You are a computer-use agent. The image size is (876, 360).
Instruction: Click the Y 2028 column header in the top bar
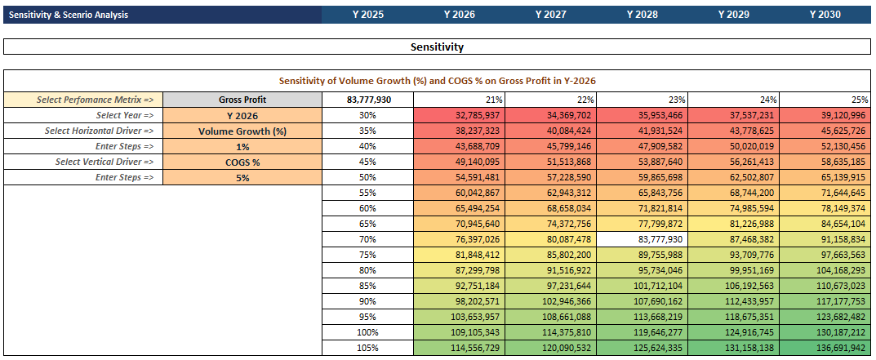click(642, 15)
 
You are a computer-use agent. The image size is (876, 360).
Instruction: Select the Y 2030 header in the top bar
click(825, 15)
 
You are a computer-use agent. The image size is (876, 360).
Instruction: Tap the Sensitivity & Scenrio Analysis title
click(69, 15)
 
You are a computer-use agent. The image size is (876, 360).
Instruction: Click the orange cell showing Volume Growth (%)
click(242, 131)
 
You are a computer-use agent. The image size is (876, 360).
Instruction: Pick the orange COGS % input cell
click(242, 162)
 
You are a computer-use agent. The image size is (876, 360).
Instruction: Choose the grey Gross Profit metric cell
click(242, 100)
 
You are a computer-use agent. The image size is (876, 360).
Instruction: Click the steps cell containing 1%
click(242, 146)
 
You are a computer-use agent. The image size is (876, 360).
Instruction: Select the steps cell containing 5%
click(242, 178)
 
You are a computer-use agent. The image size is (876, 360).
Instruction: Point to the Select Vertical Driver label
click(104, 162)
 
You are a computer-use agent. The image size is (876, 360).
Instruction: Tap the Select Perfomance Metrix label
click(95, 100)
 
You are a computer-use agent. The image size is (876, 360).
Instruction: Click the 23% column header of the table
click(643, 100)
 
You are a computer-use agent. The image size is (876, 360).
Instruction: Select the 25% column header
click(825, 100)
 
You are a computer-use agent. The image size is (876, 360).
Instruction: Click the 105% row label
click(367, 348)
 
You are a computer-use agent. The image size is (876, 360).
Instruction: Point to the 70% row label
click(367, 239)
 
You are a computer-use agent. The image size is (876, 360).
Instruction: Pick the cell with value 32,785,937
click(460, 115)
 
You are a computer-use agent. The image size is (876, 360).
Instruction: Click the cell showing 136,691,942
click(825, 348)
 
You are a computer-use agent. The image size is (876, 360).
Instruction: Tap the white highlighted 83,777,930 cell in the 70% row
click(643, 239)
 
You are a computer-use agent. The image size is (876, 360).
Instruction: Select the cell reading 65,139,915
click(825, 178)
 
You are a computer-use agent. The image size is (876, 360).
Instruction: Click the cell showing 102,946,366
click(551, 301)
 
